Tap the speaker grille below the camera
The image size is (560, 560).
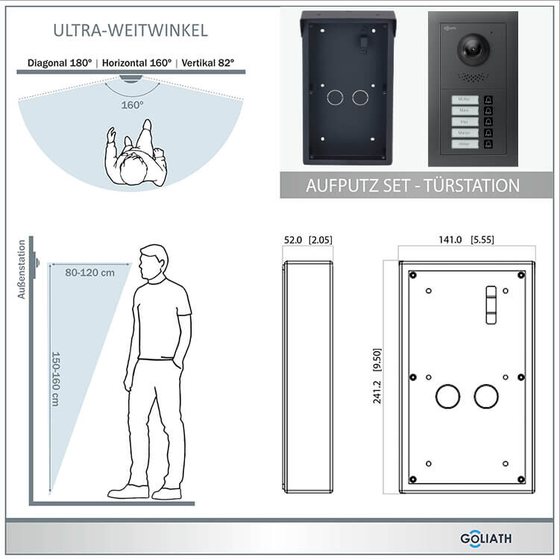pos(468,78)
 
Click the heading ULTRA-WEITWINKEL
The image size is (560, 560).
pos(130,31)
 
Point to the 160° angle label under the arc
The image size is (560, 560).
pos(133,105)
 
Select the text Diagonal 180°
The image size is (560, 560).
pos(60,63)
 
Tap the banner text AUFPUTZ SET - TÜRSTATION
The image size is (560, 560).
pos(412,186)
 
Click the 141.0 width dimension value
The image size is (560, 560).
pos(450,239)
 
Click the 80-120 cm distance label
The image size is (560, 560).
pos(89,273)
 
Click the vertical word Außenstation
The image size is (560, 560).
pos(22,269)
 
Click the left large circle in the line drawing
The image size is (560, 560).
pos(447,396)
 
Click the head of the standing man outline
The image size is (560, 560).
pos(154,262)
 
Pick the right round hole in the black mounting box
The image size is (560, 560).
pos(361,97)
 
